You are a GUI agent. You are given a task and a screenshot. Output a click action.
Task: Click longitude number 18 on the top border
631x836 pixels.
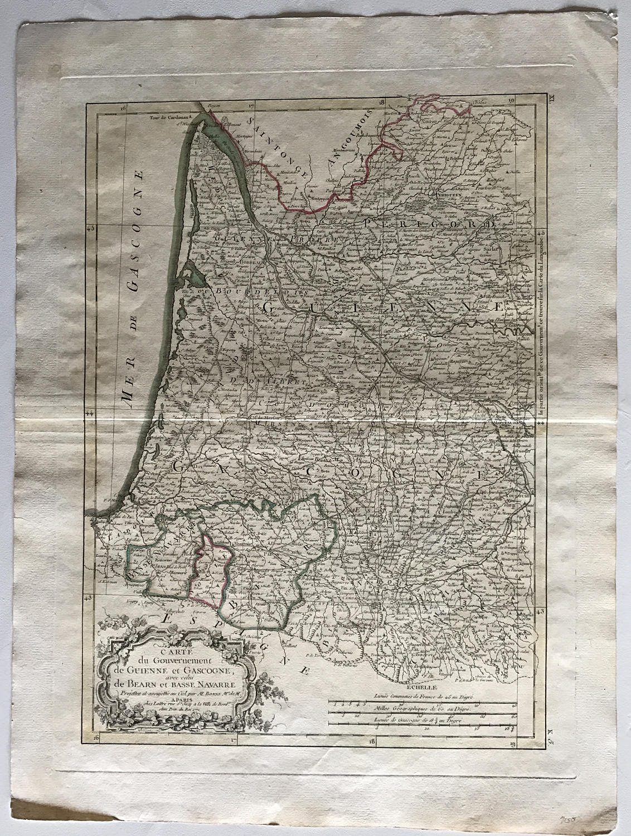coord(381,102)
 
